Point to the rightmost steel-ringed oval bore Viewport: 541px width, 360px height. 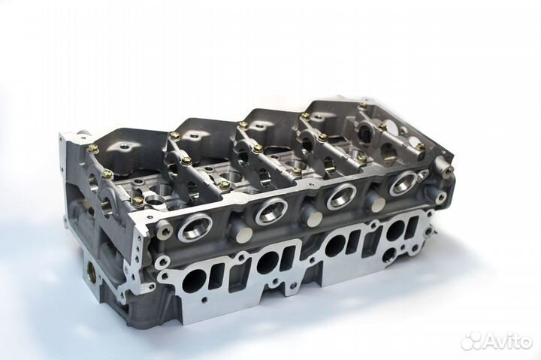[402, 183]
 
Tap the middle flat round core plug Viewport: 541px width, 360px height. [315, 216]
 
